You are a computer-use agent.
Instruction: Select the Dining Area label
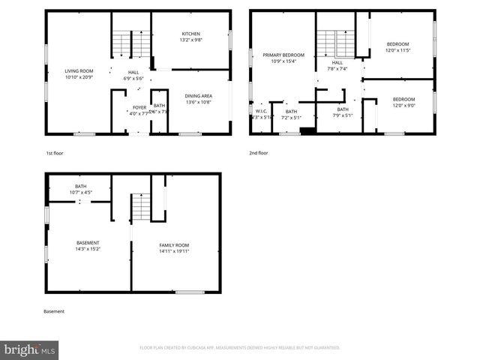point(198,95)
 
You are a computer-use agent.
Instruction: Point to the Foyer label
point(139,106)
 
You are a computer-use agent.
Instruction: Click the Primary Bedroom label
point(283,55)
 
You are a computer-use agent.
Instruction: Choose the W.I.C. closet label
point(260,111)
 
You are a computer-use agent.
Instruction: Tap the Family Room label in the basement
point(173,245)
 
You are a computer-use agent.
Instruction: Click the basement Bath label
point(80,186)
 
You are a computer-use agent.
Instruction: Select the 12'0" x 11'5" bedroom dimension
point(398,50)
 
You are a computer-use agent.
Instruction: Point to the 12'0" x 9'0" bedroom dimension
point(403,106)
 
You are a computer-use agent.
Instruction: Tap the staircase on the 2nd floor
point(335,43)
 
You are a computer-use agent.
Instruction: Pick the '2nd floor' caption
point(258,152)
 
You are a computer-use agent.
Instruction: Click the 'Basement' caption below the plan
point(54,311)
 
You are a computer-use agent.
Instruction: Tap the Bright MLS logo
point(30,349)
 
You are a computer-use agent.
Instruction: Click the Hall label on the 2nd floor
point(337,62)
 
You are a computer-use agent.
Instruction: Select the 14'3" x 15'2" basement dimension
point(88,249)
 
